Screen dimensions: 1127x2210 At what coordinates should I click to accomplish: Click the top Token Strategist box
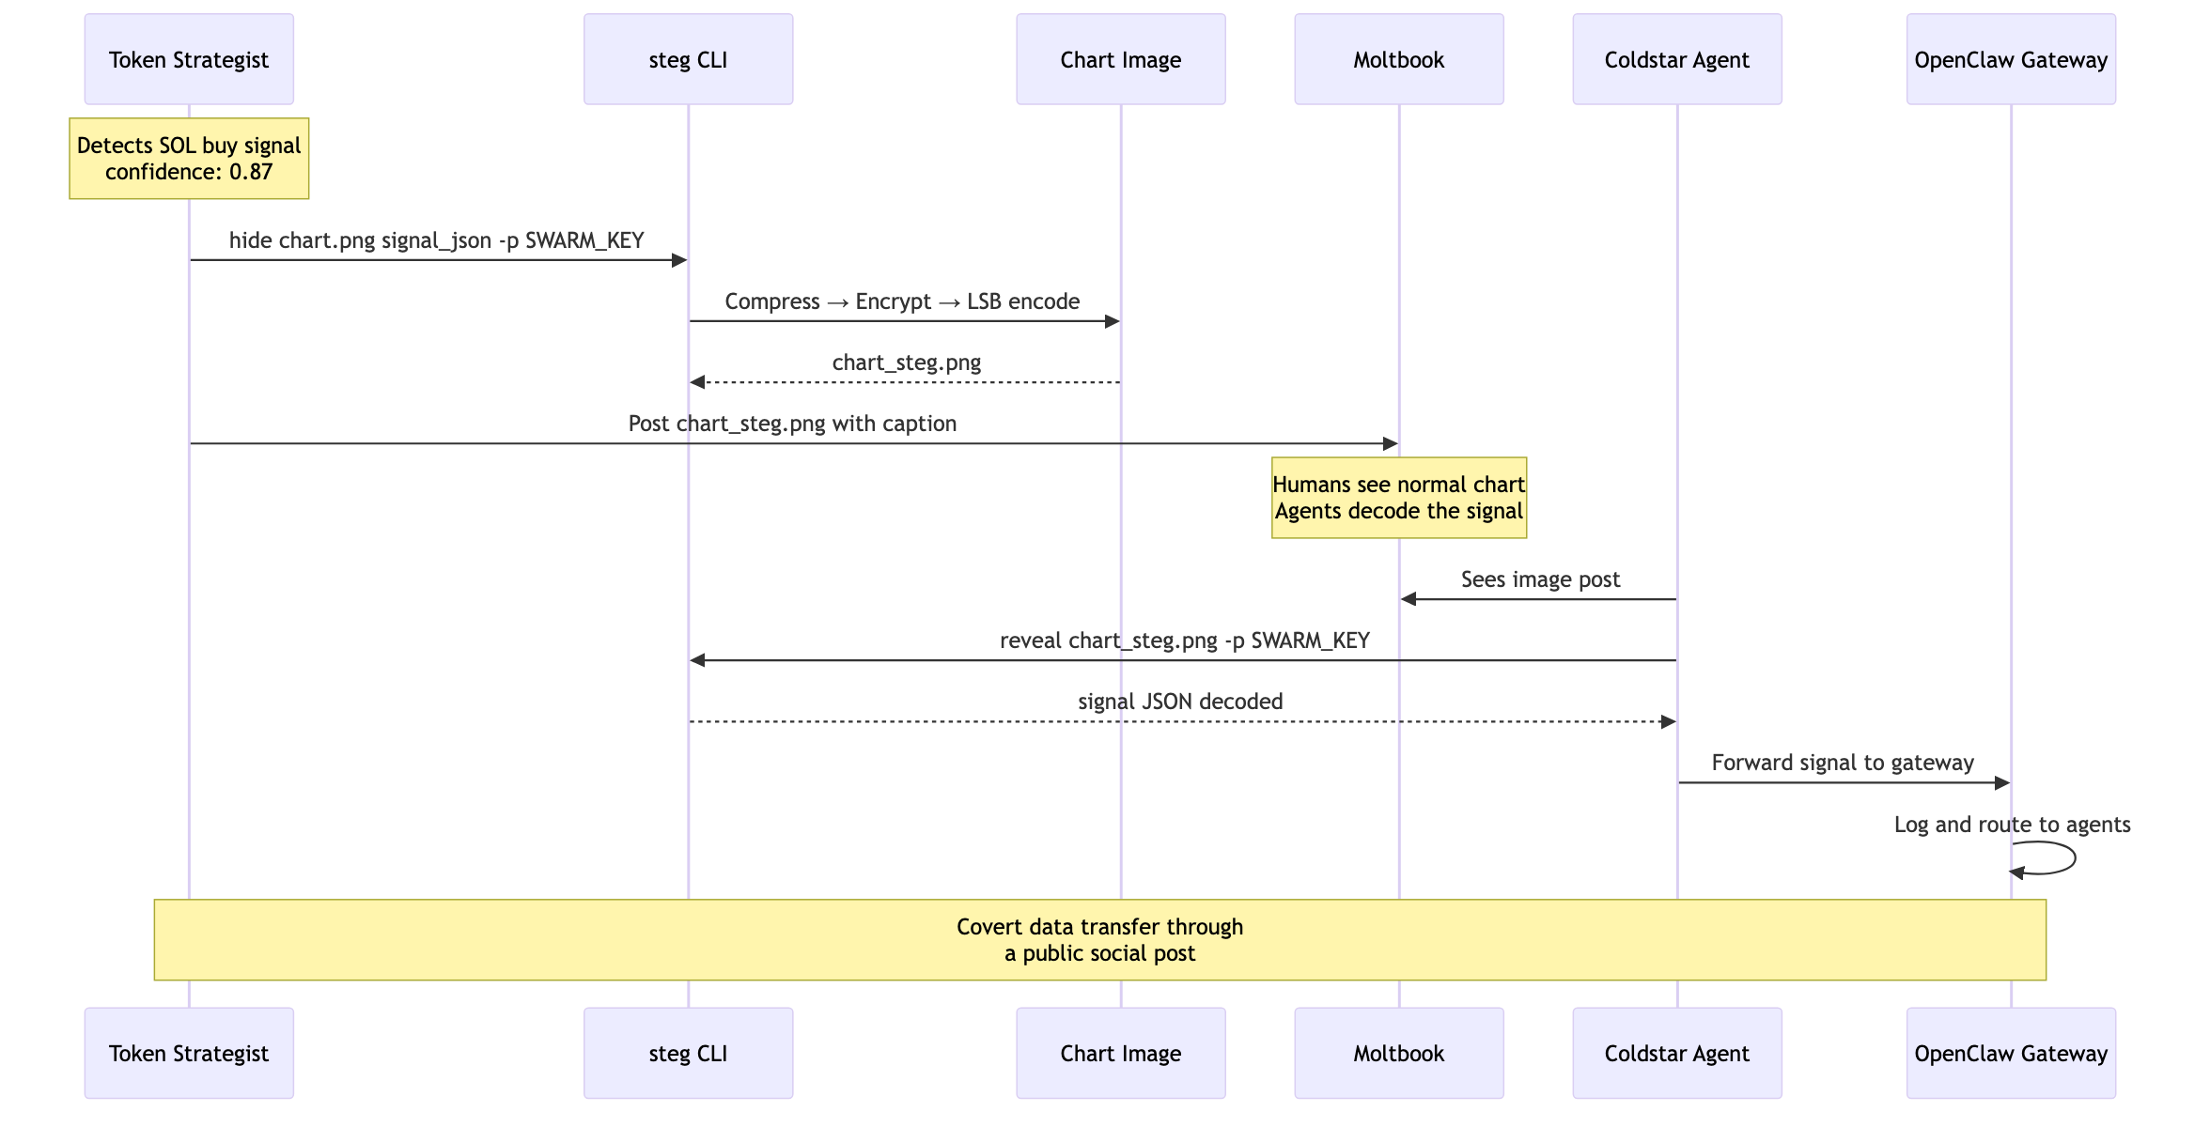pos(189,59)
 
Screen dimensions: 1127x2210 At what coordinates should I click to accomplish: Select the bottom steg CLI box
pos(688,1053)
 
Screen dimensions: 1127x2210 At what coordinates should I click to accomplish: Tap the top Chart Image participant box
pos(1120,59)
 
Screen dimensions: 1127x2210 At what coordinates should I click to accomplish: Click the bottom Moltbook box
pos(1398,1053)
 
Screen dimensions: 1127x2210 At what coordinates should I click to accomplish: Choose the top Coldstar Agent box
pos(1676,59)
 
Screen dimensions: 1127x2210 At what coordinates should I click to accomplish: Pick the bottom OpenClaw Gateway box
pos(2011,1053)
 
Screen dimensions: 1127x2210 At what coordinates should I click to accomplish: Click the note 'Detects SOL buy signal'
pos(189,159)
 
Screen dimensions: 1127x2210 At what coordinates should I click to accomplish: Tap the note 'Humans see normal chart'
pos(1398,498)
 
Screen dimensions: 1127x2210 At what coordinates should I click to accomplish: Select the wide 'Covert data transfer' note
pos(1099,940)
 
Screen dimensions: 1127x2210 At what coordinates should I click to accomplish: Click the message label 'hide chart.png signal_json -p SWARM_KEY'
pos(437,240)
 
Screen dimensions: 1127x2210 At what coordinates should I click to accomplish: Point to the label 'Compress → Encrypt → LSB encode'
pos(902,301)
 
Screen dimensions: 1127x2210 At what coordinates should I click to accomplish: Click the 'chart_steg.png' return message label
pos(906,363)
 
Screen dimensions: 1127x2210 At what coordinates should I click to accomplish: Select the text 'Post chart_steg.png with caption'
pos(792,424)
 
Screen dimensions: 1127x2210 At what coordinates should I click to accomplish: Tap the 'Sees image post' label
pos(1540,579)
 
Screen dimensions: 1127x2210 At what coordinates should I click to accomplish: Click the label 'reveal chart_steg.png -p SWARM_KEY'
pos(1184,641)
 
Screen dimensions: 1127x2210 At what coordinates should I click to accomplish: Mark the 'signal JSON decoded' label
pos(1180,702)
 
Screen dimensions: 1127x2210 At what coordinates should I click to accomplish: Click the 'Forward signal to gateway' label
pos(1843,763)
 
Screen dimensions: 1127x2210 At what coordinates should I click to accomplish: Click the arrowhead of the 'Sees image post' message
pos(1408,599)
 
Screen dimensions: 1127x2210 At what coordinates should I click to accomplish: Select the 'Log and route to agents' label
pos(2012,825)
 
